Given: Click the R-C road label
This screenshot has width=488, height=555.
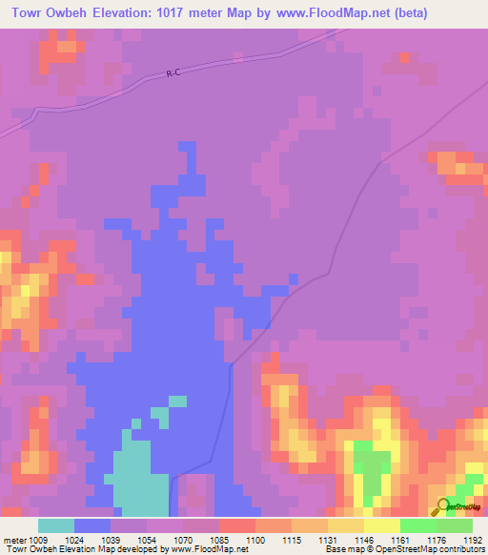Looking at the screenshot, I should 173,72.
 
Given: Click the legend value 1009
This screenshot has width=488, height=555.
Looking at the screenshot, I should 38,540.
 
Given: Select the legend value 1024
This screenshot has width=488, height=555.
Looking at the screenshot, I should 75,540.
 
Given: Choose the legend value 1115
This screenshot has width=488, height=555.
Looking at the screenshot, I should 292,540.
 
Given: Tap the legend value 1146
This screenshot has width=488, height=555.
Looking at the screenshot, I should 364,540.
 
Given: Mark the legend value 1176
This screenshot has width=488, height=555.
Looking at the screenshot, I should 437,540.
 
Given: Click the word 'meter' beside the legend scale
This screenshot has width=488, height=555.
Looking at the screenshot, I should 14,540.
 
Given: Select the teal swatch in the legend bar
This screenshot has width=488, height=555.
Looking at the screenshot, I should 56,525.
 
